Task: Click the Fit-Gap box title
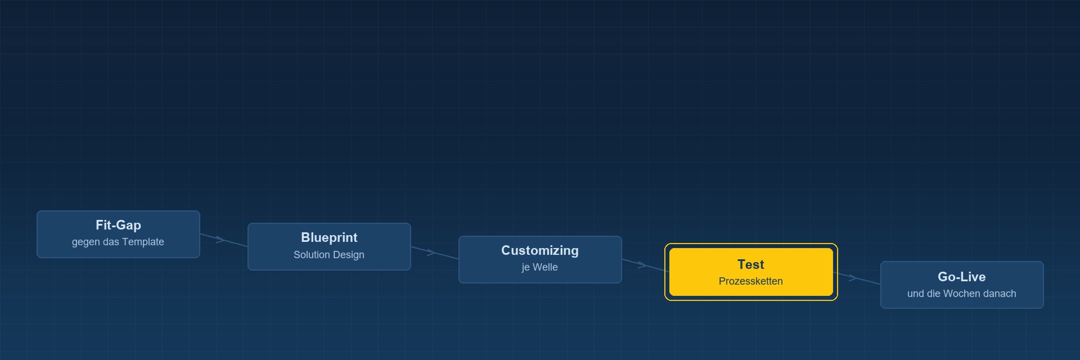point(118,225)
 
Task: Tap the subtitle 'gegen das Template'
point(118,242)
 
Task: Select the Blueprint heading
point(329,237)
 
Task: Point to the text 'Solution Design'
point(329,255)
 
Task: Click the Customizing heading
point(540,250)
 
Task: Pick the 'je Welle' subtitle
point(540,267)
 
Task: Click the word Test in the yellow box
point(751,264)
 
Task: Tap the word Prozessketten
point(751,281)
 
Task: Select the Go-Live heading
point(962,277)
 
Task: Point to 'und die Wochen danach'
point(962,294)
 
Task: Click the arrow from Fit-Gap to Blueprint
point(224,240)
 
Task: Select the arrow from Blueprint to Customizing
point(435,253)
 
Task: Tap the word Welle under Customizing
point(545,267)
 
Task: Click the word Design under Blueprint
point(348,255)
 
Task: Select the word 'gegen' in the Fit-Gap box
point(85,242)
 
